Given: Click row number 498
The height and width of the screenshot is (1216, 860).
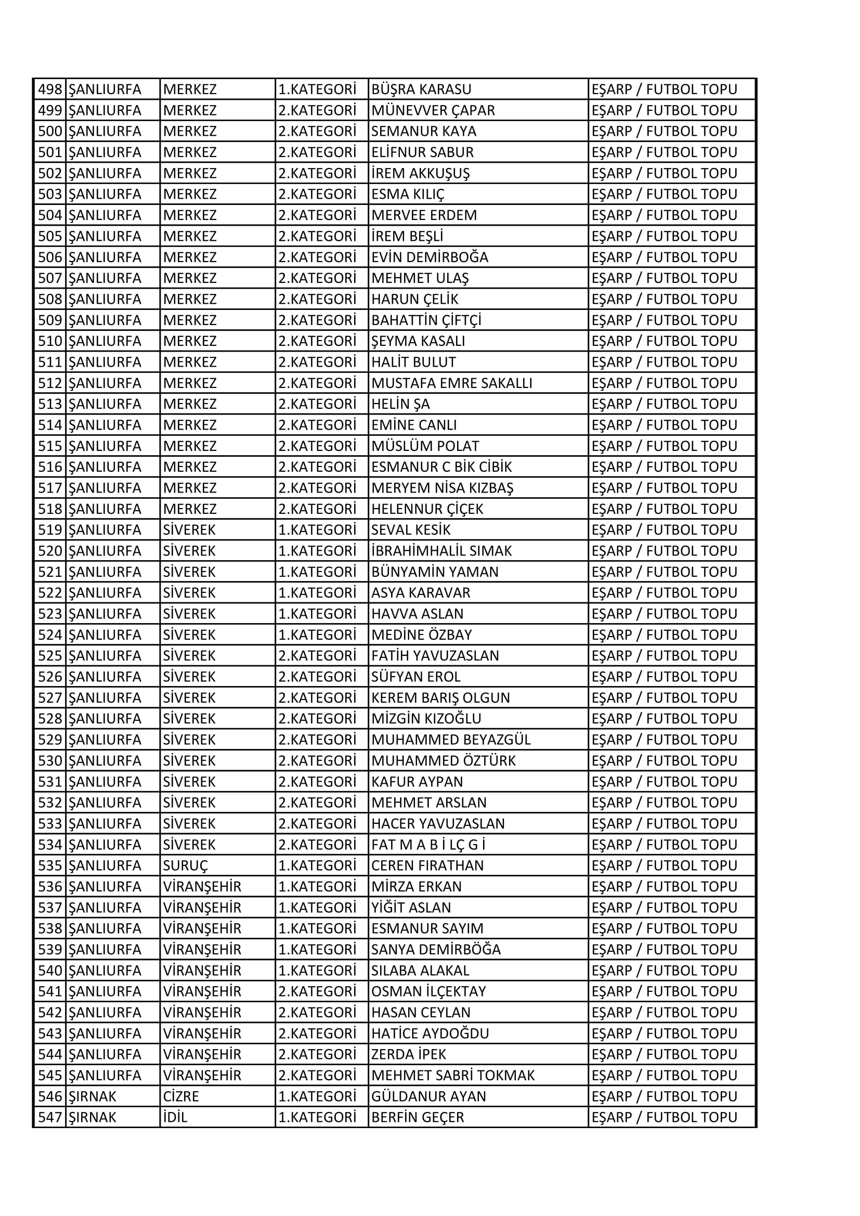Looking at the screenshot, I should click(50, 89).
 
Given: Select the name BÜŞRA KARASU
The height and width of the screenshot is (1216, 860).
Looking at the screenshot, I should click(421, 89).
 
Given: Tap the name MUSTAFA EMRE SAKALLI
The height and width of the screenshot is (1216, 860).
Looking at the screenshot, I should click(451, 383).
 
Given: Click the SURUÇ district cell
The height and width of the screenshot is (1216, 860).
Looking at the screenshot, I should click(185, 866).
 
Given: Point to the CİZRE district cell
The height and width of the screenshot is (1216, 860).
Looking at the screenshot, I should click(180, 1096).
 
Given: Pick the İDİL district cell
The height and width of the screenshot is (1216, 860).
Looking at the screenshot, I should click(175, 1118).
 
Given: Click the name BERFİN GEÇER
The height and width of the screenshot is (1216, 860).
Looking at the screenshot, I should click(418, 1118).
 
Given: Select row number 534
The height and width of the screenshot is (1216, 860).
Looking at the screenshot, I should click(50, 845).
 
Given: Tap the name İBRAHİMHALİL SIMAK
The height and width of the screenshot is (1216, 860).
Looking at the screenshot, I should click(441, 551).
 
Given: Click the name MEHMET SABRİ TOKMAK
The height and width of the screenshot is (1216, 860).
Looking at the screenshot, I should click(453, 1076).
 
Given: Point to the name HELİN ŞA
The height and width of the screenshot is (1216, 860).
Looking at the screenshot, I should click(400, 404).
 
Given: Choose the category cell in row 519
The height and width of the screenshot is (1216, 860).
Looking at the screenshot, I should click(317, 530).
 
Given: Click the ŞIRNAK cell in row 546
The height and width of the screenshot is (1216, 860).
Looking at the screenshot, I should click(93, 1096).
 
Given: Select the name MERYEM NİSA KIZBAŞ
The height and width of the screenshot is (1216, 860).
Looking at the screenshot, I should click(442, 488).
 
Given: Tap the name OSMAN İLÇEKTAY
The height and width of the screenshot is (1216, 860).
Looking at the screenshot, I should click(428, 991).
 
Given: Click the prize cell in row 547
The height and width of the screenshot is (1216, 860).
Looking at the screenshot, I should click(664, 1118).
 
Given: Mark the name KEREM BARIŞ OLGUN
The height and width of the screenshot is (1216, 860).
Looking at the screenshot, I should click(440, 698).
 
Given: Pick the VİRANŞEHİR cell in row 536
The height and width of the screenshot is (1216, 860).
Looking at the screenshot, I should click(202, 887).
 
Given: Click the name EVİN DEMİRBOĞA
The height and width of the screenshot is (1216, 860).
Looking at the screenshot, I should click(429, 257).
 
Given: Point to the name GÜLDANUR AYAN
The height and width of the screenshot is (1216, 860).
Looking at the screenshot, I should click(428, 1096).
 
